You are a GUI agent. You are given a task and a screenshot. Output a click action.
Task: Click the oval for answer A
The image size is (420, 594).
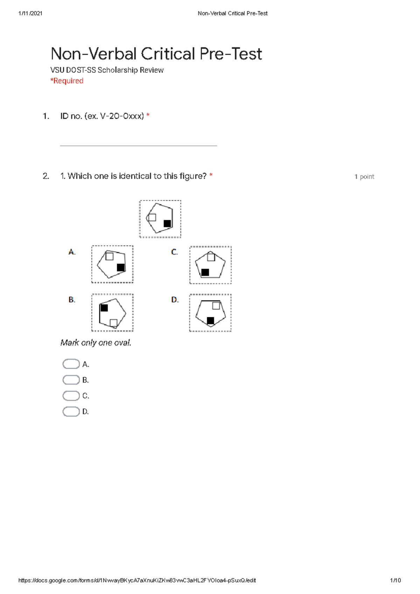click(71, 364)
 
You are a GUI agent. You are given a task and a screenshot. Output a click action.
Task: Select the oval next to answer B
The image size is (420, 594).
click(71, 380)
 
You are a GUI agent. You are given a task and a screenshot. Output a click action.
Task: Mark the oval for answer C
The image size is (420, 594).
click(71, 396)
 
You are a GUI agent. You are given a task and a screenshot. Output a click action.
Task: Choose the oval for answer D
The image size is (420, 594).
click(71, 411)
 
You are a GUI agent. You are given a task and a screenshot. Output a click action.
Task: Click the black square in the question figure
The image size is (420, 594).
click(167, 224)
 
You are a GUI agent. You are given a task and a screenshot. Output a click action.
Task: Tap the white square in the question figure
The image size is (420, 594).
click(152, 218)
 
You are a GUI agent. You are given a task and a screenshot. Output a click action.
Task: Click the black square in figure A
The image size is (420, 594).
click(121, 268)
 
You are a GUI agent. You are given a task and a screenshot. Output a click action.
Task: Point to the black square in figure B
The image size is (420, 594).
click(104, 308)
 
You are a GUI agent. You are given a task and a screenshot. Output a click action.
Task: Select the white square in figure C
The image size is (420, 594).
click(211, 257)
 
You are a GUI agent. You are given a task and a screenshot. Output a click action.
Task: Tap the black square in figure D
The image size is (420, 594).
click(210, 320)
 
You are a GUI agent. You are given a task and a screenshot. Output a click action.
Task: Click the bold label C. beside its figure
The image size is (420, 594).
click(174, 252)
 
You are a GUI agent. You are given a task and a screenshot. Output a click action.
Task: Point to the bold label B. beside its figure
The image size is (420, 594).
click(72, 300)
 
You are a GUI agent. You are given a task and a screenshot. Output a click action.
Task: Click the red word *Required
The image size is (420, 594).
click(67, 81)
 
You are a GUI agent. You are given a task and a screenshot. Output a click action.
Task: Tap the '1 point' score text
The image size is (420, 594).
click(364, 177)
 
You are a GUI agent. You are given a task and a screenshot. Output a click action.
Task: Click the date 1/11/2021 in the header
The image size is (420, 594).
click(30, 13)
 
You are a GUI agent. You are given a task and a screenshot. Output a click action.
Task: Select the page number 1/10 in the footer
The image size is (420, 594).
click(395, 580)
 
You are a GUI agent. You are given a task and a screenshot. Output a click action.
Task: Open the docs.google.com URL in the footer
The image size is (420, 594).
click(137, 580)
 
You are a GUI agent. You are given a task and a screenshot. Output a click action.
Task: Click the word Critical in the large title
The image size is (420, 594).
click(168, 54)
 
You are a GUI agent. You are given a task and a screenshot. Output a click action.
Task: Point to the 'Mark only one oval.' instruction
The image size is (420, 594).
click(96, 342)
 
